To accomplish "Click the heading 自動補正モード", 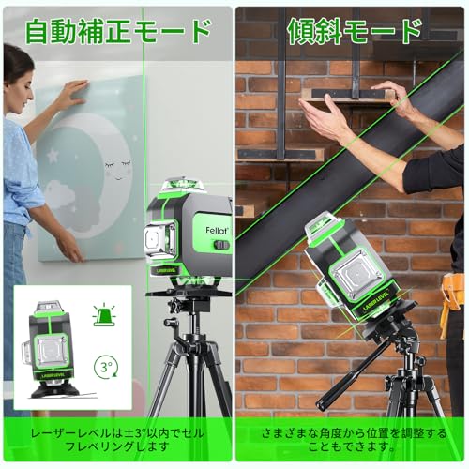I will tap(117, 31).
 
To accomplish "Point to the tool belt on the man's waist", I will tap(453, 300).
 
